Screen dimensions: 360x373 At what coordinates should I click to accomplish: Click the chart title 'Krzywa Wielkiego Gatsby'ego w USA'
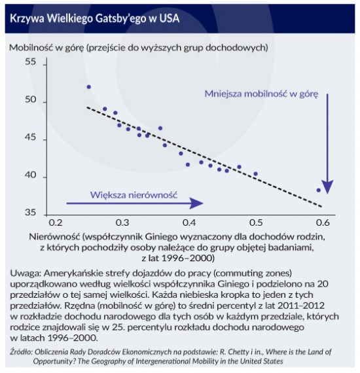pyautogui.click(x=95, y=18)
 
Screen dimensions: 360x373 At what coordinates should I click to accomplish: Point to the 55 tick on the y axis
pyautogui.click(x=31, y=62)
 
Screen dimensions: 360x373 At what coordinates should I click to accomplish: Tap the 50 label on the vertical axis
pyautogui.click(x=31, y=99)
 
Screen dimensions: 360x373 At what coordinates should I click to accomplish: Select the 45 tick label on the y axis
pyautogui.click(x=31, y=137)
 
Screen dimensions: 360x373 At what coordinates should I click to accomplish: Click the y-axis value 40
pyautogui.click(x=31, y=175)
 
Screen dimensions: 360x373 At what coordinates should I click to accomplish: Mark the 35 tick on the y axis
pyautogui.click(x=31, y=212)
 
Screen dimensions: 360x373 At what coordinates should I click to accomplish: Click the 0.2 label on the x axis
pyautogui.click(x=56, y=222)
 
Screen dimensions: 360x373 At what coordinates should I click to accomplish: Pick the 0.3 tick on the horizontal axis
pyautogui.click(x=122, y=222)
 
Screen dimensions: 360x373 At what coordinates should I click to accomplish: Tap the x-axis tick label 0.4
pyautogui.click(x=189, y=222)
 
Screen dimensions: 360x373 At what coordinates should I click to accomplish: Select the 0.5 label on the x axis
pyautogui.click(x=256, y=222)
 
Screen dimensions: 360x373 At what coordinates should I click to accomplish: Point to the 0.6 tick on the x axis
pyautogui.click(x=323, y=222)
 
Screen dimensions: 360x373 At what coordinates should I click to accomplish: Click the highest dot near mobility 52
pyautogui.click(x=89, y=87)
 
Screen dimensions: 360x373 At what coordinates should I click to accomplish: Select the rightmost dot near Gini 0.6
pyautogui.click(x=319, y=190)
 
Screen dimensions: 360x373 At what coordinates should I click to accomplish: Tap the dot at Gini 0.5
pyautogui.click(x=256, y=174)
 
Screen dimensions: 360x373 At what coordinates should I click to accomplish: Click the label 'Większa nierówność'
pyautogui.click(x=134, y=195)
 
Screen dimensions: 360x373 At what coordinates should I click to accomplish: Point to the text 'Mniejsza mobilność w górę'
pyautogui.click(x=261, y=94)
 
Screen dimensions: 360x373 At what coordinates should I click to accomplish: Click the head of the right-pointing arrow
pyautogui.click(x=196, y=204)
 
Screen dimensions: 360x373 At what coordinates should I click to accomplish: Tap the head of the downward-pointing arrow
pyautogui.click(x=327, y=187)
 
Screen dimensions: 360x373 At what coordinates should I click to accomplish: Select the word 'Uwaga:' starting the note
pyautogui.click(x=26, y=274)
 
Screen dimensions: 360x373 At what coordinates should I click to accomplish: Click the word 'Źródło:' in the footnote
pyautogui.click(x=21, y=352)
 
